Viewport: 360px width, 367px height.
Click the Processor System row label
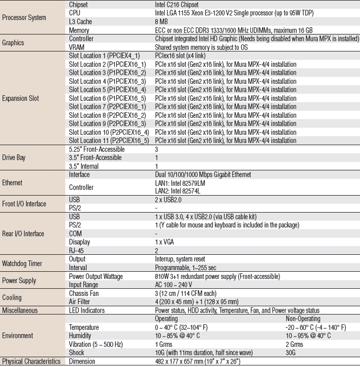[x=24, y=18]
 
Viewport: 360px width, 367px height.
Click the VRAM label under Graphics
[x=77, y=47]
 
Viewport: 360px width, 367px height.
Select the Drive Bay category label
[x=14, y=158]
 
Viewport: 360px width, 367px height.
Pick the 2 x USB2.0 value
[x=169, y=199]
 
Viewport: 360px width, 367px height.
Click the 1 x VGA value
[x=165, y=242]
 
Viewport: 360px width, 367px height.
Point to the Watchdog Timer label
[x=22, y=264]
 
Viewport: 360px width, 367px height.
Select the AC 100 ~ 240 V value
[x=174, y=284]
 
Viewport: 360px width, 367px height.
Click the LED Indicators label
[x=87, y=310]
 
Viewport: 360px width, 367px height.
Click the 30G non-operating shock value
[x=291, y=353]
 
